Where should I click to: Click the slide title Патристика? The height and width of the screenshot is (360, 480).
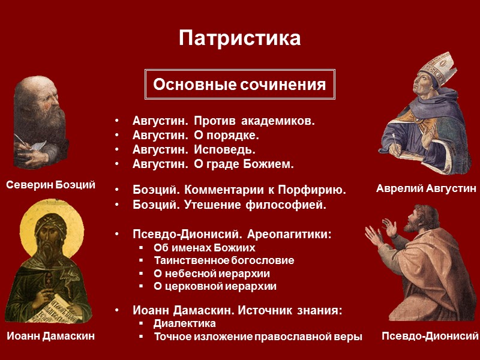[x=239, y=39]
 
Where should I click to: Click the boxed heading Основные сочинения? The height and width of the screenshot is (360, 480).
[x=239, y=85]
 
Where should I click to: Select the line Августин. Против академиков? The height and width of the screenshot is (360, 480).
[x=223, y=122]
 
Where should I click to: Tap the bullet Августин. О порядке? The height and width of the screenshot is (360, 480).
[x=196, y=136]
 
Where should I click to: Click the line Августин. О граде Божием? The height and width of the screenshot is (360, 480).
[x=213, y=164]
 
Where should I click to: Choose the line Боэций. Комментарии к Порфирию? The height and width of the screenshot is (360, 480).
[x=239, y=191]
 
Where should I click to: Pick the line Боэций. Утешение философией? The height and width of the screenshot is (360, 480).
[x=230, y=205]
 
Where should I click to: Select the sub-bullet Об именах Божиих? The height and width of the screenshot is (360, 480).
[x=204, y=248]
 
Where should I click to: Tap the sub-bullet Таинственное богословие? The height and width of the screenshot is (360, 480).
[x=224, y=260]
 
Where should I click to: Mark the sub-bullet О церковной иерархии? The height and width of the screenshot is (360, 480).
[x=215, y=286]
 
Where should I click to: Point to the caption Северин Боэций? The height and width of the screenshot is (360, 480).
[x=51, y=185]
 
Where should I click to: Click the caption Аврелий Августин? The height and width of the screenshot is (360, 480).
[x=426, y=188]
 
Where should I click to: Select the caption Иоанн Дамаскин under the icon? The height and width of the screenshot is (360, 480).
[x=51, y=337]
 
